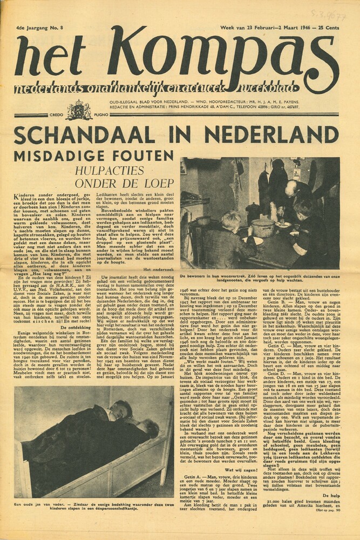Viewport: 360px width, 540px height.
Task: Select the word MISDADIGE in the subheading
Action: coord(65,157)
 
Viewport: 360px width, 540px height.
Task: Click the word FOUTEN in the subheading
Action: coord(142,157)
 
